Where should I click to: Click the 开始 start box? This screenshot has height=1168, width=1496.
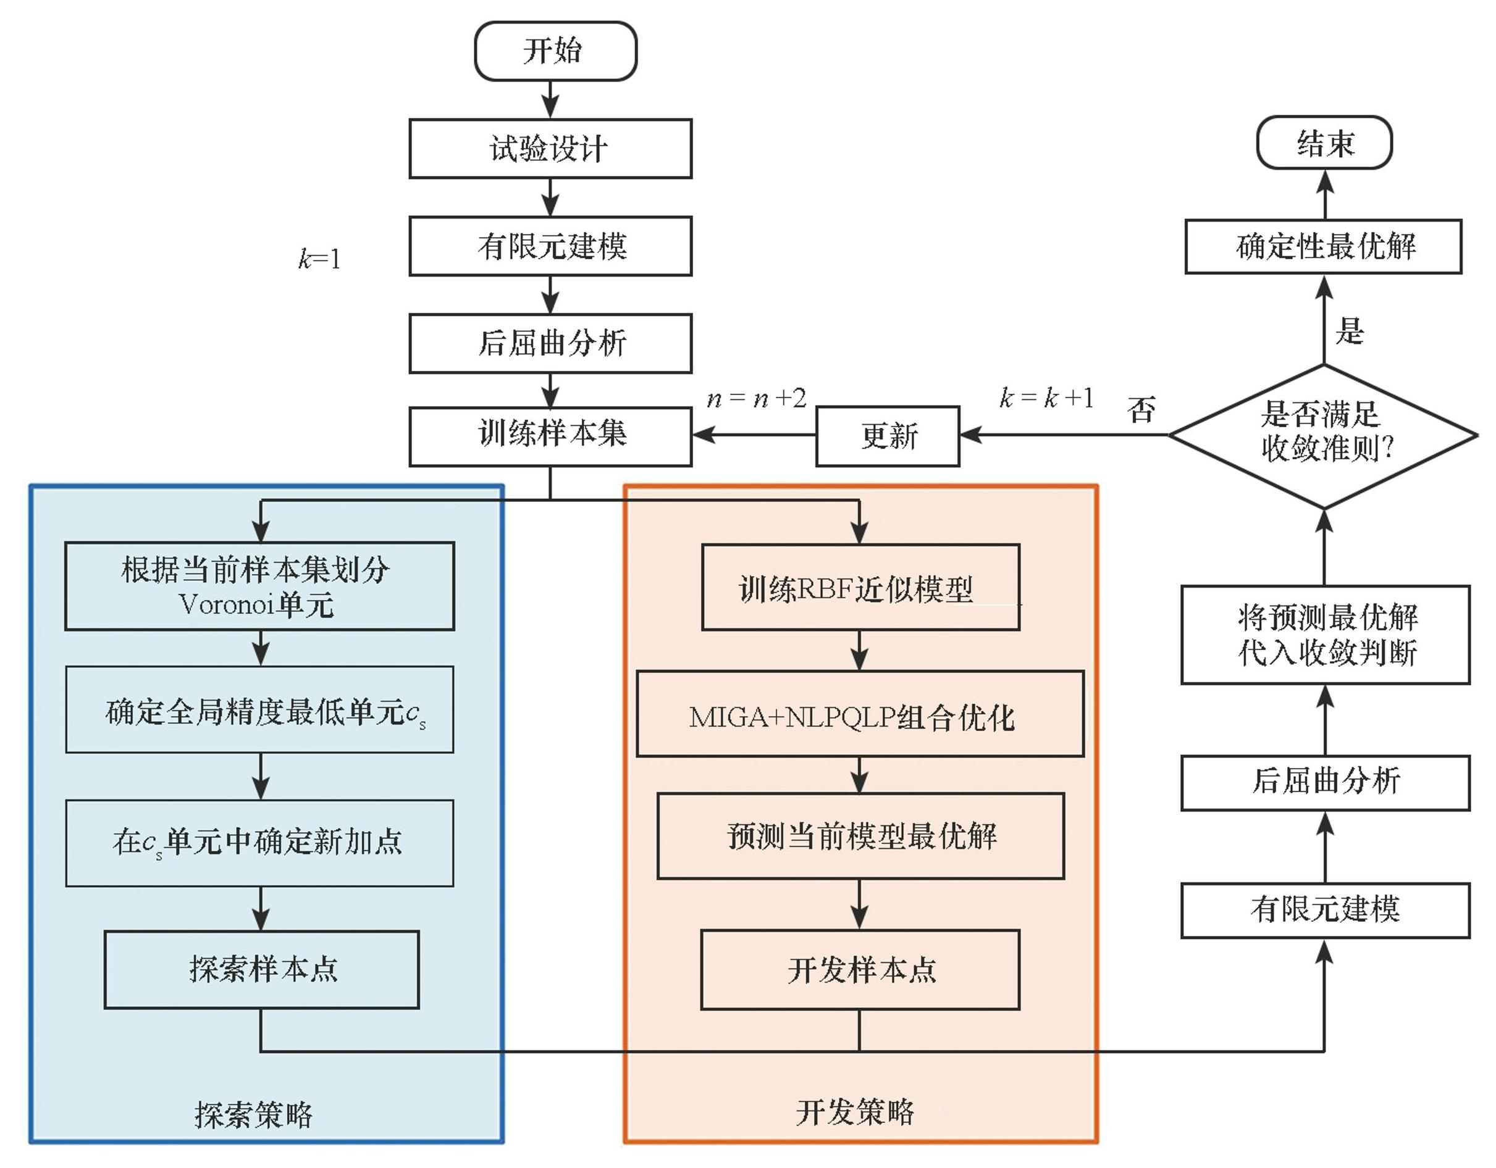click(555, 51)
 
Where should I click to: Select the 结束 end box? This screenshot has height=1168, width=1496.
click(1324, 143)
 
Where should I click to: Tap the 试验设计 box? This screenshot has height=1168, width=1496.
click(550, 149)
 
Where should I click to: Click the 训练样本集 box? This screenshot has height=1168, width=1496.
click(550, 436)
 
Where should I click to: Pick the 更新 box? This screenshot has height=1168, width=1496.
click(888, 436)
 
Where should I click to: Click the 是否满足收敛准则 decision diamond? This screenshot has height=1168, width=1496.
click(1324, 435)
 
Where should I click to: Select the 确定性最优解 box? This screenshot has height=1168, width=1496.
click(1324, 246)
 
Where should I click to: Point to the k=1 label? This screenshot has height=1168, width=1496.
click(319, 259)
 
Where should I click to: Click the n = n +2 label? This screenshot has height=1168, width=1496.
click(756, 398)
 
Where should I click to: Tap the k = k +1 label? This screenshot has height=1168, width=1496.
click(1046, 398)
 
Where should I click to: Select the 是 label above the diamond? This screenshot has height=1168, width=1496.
click(1350, 332)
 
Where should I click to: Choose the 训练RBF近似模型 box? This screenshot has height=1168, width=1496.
click(860, 588)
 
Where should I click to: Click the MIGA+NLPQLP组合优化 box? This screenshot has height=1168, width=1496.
click(860, 714)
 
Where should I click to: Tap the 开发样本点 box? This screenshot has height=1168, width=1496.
click(860, 969)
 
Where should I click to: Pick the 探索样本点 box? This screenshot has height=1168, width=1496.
click(262, 969)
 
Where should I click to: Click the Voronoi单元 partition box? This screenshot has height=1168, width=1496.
click(259, 586)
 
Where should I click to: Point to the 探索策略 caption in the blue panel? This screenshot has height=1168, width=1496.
click(253, 1114)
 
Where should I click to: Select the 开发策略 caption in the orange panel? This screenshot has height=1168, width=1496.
click(854, 1112)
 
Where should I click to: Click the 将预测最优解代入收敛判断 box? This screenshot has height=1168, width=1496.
click(1326, 635)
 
